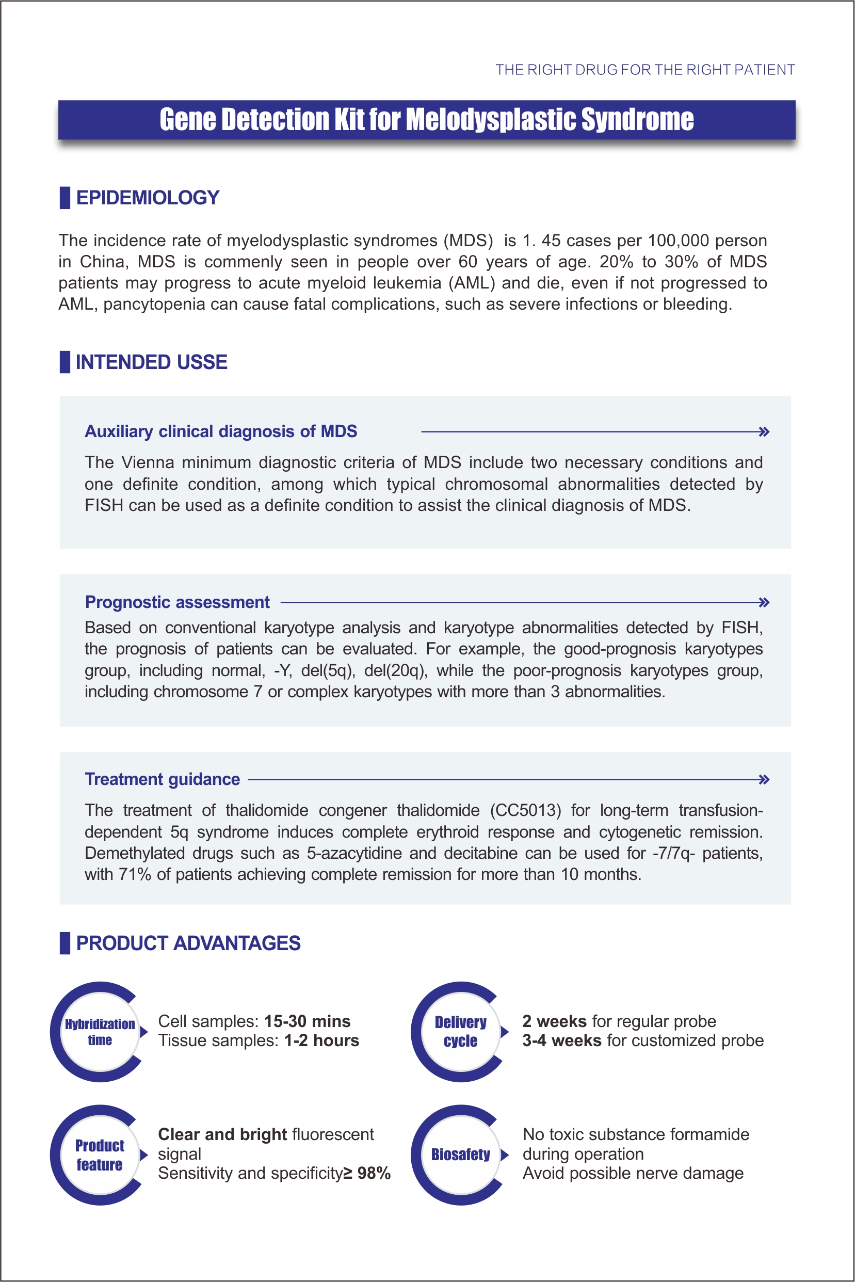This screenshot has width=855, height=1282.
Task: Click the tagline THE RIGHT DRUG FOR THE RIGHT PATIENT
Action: point(644,70)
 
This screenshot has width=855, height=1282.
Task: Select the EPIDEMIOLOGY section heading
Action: point(147,197)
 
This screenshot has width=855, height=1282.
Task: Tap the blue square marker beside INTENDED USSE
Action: point(65,362)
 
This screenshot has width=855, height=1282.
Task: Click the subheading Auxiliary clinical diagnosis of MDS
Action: point(221,431)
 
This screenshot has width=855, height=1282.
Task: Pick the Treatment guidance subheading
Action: point(163,779)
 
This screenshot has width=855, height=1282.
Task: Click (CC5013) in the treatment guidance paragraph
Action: point(525,810)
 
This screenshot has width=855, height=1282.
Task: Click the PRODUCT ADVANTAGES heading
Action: point(188,943)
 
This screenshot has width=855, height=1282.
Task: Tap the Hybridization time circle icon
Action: point(100,1032)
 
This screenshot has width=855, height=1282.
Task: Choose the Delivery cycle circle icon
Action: point(461,1032)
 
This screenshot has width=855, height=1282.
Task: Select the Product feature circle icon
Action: point(100,1155)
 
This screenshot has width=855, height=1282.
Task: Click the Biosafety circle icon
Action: point(461,1155)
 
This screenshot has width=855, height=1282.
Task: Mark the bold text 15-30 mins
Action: point(307,1021)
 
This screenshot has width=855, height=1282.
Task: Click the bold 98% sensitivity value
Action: point(374,1173)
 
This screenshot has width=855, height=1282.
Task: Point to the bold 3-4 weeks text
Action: point(561,1040)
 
